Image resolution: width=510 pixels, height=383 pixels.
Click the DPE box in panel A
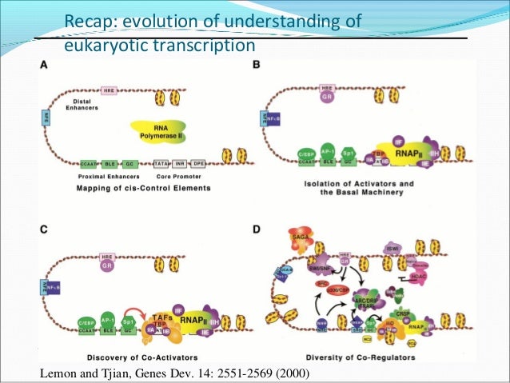198,162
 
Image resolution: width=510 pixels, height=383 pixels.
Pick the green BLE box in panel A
112,162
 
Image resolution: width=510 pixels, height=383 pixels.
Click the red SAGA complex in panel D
300,238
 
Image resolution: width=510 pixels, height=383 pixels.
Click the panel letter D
257,229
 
